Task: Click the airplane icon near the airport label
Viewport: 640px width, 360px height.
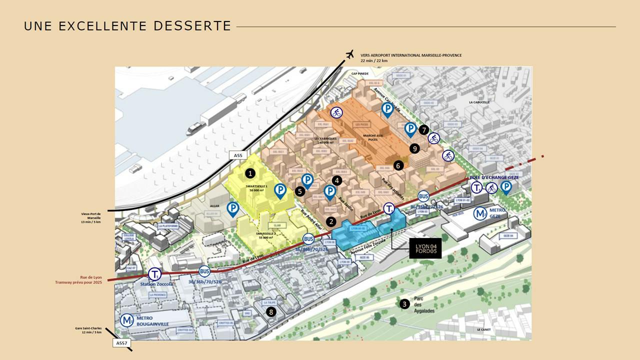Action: (349, 54)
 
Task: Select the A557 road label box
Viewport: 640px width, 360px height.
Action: (121, 343)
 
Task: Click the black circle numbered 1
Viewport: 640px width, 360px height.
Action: (250, 173)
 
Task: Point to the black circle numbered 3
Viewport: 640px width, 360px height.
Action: (404, 303)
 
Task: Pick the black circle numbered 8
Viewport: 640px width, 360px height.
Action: (271, 312)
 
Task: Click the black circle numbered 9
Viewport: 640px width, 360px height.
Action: (413, 148)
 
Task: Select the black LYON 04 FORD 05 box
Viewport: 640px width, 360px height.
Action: (425, 248)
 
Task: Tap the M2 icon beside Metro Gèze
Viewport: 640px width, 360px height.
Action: (480, 213)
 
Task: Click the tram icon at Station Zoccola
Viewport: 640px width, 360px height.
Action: (154, 274)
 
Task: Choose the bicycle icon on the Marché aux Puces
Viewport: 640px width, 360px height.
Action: (336, 112)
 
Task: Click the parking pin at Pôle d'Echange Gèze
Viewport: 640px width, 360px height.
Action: (506, 187)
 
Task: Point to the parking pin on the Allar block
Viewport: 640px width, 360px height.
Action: (232, 208)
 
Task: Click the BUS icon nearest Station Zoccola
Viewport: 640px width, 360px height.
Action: (204, 271)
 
